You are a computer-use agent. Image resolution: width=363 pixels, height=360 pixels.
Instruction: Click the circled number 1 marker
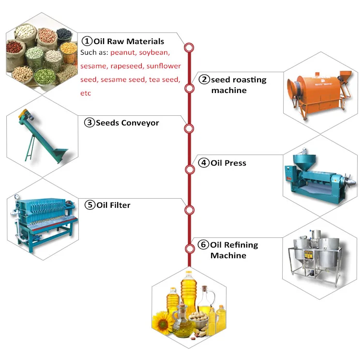[x=87, y=41]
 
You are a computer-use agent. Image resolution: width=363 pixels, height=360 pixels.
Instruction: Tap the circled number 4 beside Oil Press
[x=204, y=163]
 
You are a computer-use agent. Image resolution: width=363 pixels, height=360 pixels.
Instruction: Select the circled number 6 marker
[x=203, y=245]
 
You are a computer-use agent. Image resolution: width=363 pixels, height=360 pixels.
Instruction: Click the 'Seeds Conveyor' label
[x=127, y=123]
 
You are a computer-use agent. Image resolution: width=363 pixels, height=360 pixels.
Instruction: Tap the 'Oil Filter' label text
[x=113, y=205]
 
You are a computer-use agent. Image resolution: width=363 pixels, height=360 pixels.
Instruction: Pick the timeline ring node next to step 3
[x=189, y=128]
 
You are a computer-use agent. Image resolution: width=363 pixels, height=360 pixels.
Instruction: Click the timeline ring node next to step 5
[x=189, y=210]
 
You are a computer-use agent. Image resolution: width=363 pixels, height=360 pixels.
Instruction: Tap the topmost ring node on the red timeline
[x=189, y=47]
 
